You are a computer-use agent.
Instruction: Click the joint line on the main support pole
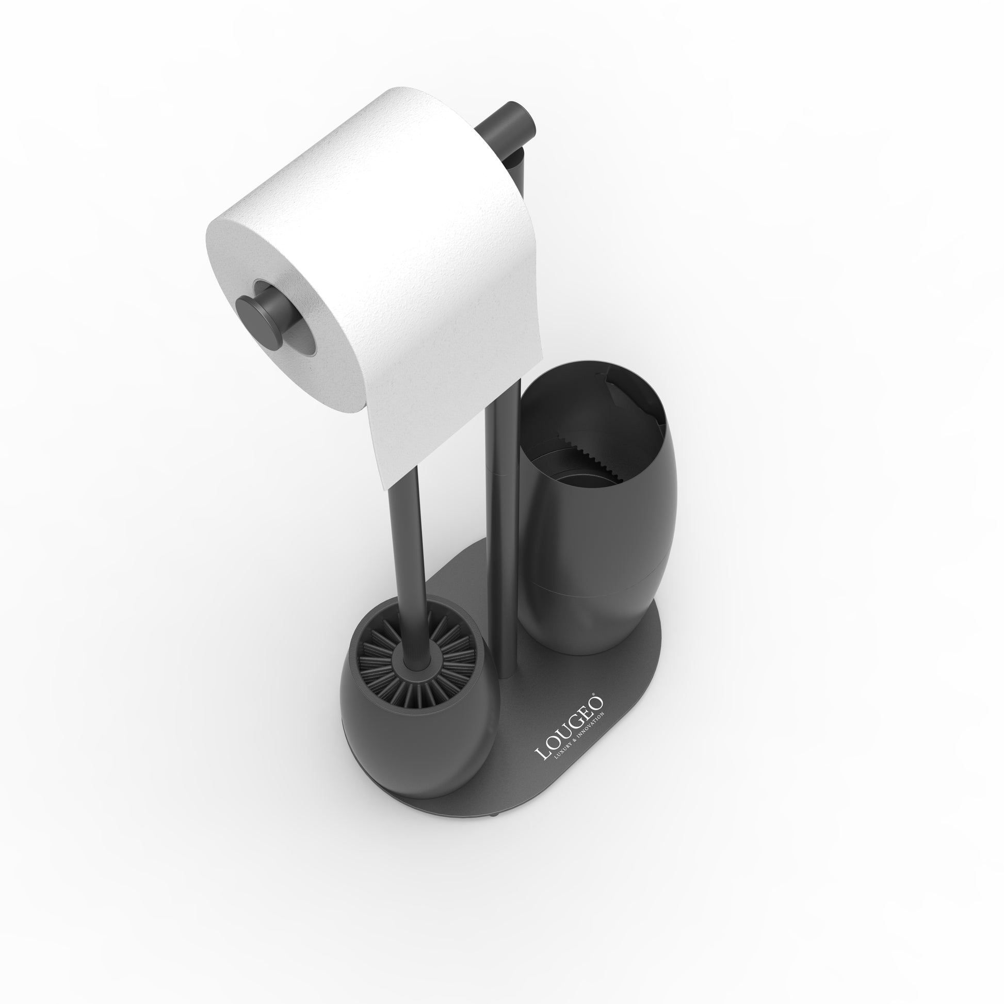tap(501, 475)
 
